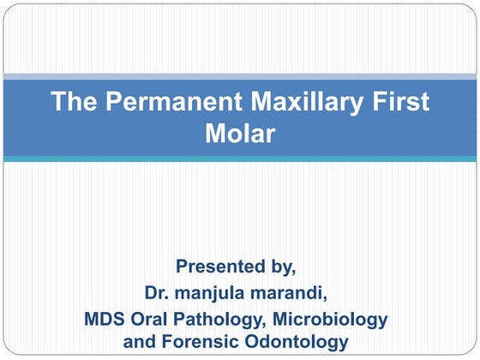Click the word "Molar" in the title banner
[x=239, y=134]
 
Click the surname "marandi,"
[x=292, y=294]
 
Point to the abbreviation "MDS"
[x=105, y=320]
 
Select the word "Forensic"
[x=191, y=343]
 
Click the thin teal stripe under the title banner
[x=239, y=159]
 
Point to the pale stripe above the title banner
[x=239, y=76]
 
